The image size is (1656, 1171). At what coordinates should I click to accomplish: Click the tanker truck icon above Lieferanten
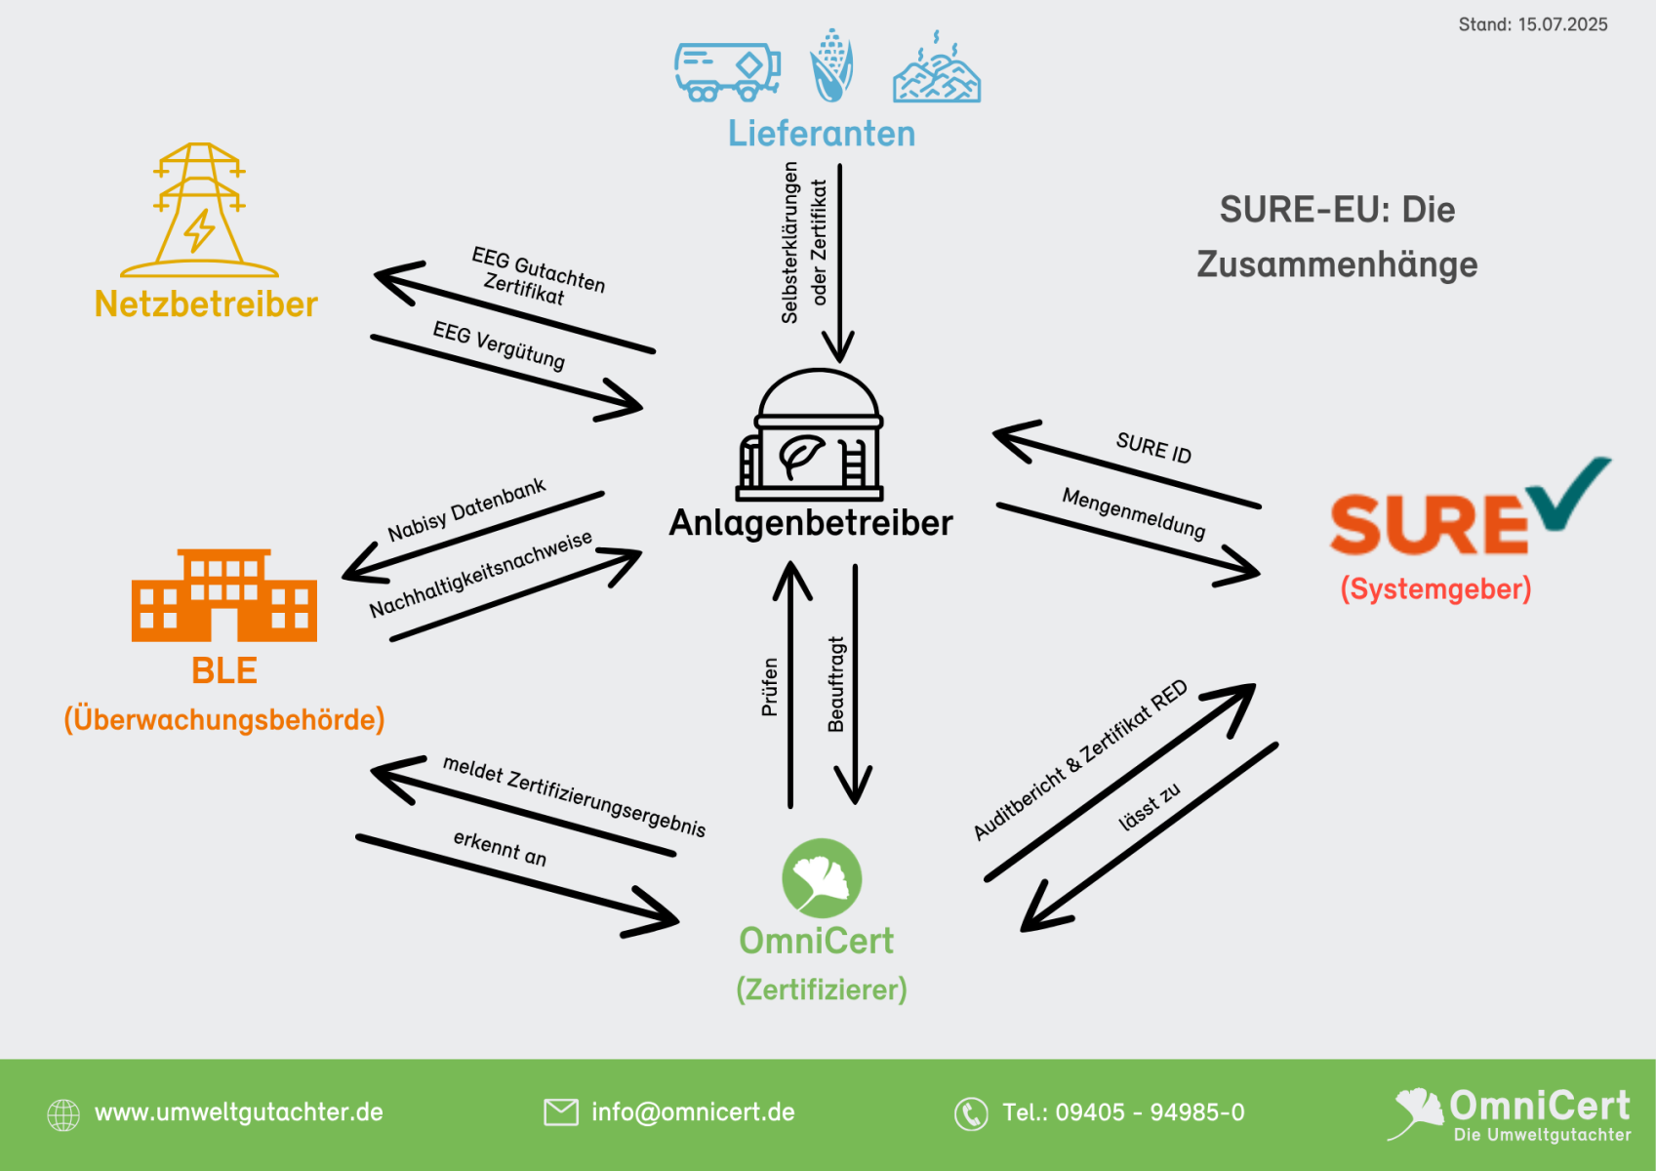pos(727,72)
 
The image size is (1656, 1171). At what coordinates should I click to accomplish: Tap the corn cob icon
pos(831,65)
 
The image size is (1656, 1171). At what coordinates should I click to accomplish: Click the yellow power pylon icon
pos(199,210)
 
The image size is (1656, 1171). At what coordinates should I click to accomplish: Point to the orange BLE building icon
pos(224,595)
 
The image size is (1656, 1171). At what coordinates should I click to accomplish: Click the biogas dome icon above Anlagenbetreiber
pos(810,434)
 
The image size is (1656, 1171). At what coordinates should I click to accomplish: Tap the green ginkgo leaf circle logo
pos(822,878)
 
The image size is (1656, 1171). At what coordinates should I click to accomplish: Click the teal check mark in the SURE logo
pos(1569,492)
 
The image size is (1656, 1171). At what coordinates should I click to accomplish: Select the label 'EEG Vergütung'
pos(499,345)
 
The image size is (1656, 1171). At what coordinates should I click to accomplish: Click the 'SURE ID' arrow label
pos(1153,448)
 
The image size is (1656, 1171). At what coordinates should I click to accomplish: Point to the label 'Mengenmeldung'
pos(1133,513)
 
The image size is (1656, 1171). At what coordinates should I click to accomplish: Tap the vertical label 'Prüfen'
pos(770,687)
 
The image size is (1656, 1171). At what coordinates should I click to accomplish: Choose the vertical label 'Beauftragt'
pos(835,685)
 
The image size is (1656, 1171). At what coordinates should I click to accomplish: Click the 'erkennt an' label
pos(500,848)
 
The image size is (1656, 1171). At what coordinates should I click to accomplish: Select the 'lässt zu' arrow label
pos(1150,806)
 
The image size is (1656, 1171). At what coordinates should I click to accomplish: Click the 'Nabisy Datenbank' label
pos(466,509)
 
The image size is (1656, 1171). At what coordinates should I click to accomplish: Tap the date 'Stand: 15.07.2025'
pos(1532,24)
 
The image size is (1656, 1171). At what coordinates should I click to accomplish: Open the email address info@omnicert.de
pos(693,1111)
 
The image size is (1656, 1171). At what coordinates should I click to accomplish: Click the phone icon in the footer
pos(971,1113)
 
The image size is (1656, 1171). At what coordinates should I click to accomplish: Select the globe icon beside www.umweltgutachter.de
pos(63,1114)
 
